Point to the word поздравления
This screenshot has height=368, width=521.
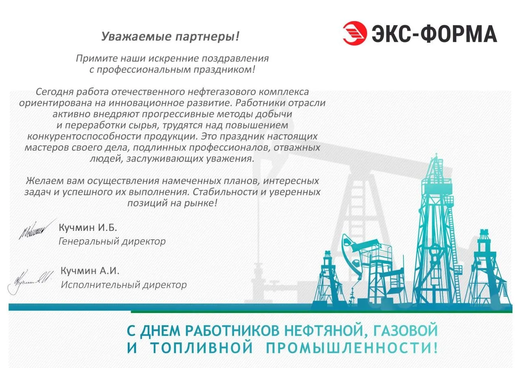[229, 58]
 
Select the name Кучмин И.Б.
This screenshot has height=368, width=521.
[88, 227]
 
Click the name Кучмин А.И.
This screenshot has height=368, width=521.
[90, 270]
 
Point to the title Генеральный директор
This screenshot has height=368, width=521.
[112, 241]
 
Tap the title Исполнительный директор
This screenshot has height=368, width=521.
[124, 285]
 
